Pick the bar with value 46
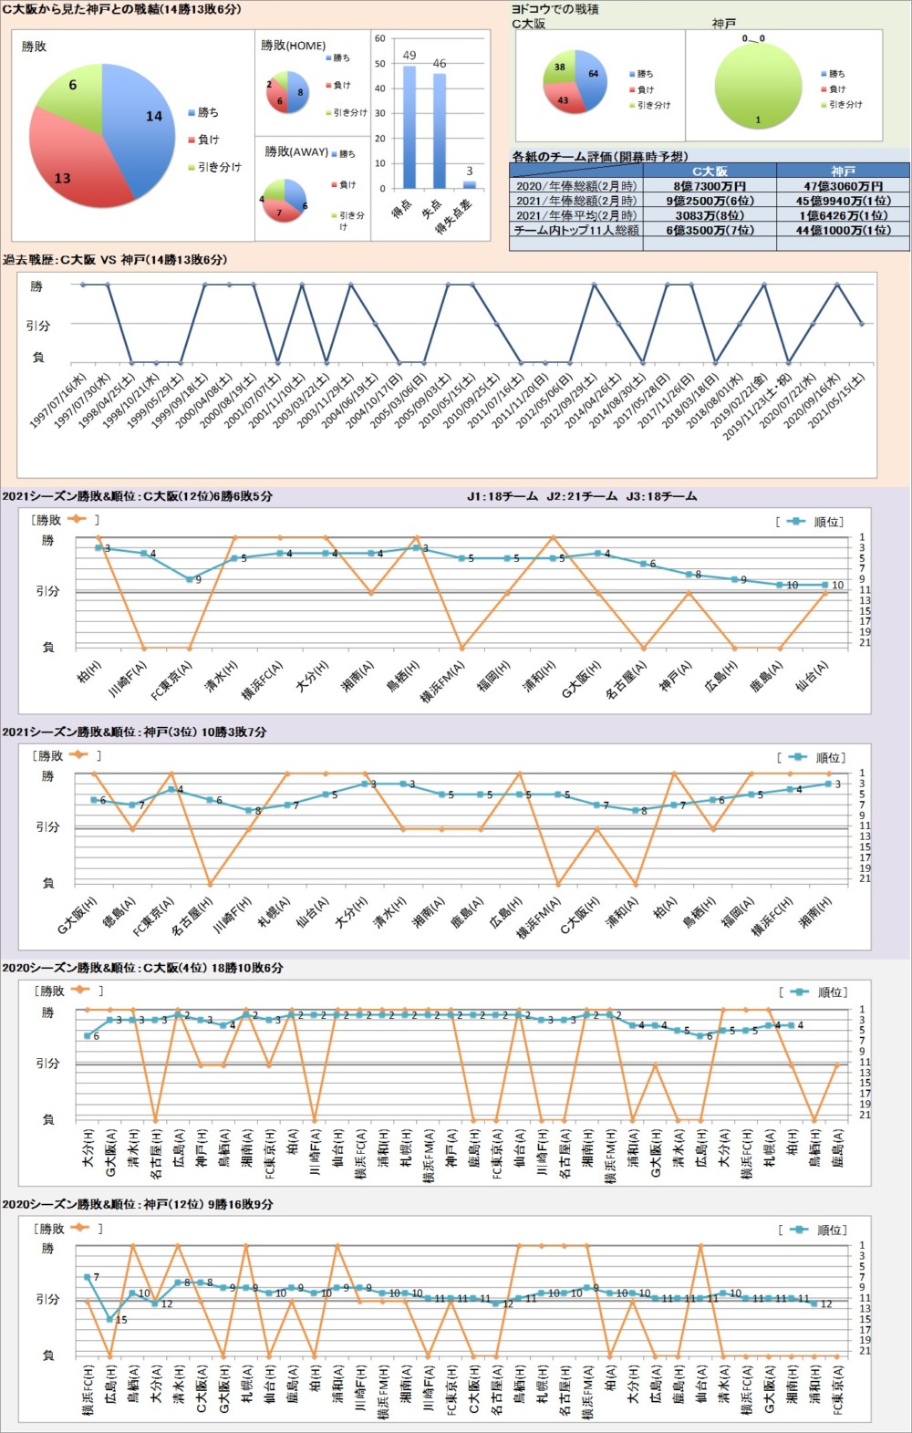tap(440, 130)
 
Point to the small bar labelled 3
tap(470, 183)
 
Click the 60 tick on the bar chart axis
tap(380, 38)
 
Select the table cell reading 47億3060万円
tap(843, 186)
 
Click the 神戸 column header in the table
tap(843, 171)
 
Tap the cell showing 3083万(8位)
tap(709, 215)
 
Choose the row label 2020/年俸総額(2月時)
tap(576, 186)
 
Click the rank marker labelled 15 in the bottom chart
tap(110, 1318)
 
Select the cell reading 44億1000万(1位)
tap(843, 231)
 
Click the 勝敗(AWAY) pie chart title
tap(296, 151)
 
